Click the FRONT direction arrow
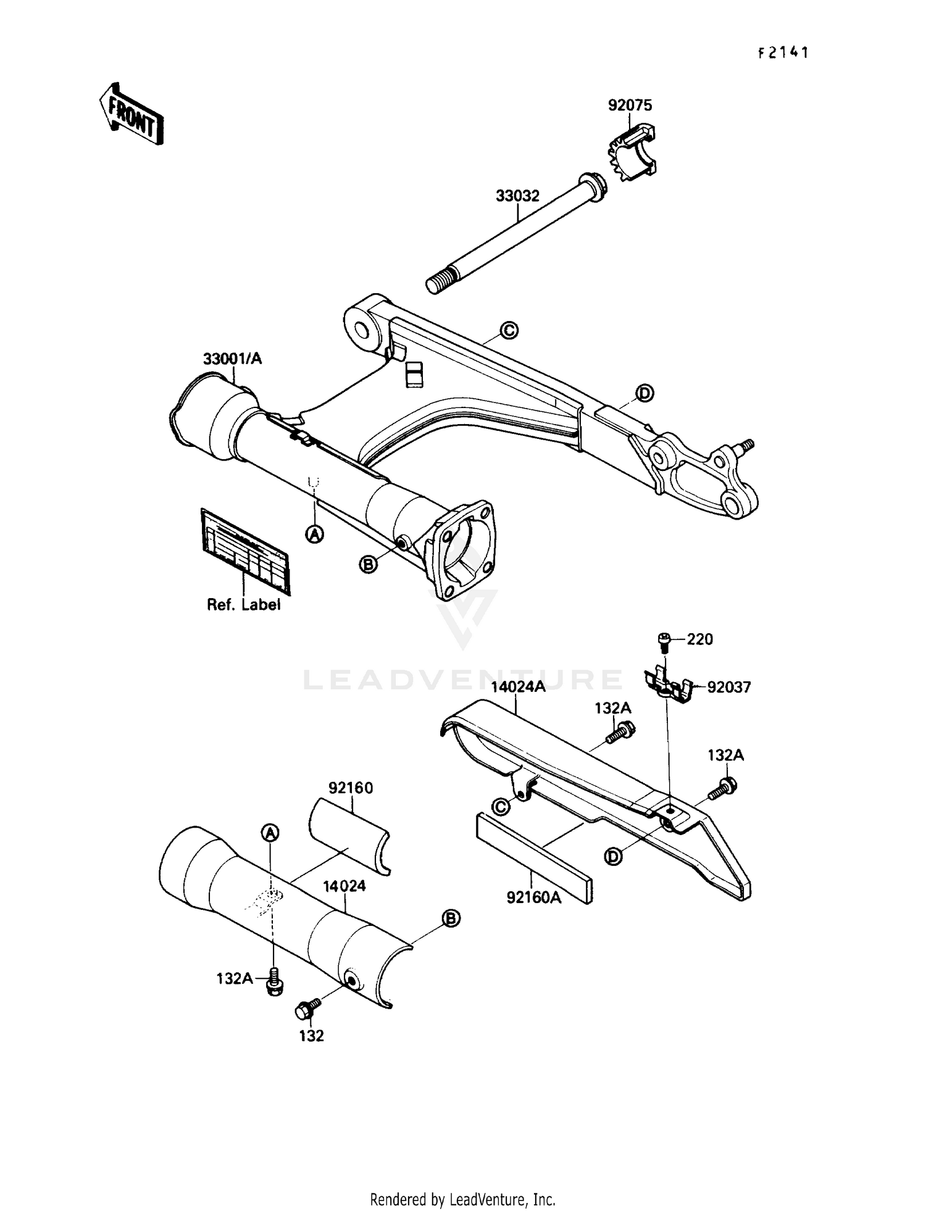click(131, 114)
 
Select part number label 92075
click(630, 106)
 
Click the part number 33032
click(517, 196)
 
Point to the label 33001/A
click(233, 359)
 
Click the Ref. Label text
click(243, 605)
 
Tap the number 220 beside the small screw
click(699, 639)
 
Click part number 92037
click(728, 687)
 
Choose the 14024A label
click(518, 687)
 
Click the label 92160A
click(534, 897)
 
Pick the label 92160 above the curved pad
click(351, 788)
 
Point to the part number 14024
click(344, 886)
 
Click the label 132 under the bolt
click(311, 1036)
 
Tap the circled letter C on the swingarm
click(509, 331)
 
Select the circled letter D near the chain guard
click(613, 856)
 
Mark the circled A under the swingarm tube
click(315, 534)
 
